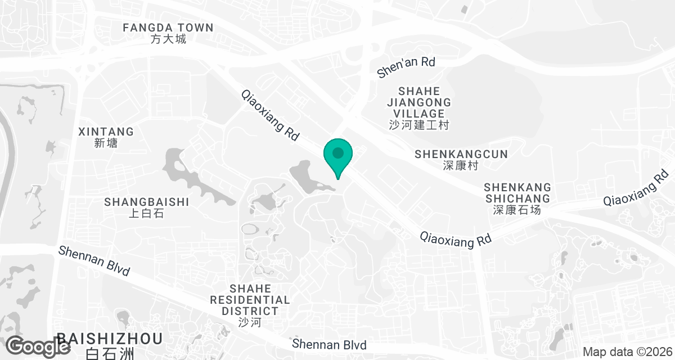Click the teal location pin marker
(337, 155)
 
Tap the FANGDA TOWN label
(168, 28)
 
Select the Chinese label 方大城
(168, 39)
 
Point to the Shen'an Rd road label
(406, 66)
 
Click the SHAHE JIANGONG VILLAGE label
(419, 102)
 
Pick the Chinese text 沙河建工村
(419, 125)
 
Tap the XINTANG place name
(106, 132)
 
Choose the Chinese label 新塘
(106, 143)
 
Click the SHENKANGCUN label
(461, 154)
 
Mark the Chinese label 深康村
(461, 166)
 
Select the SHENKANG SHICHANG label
(517, 192)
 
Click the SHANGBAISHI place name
(146, 202)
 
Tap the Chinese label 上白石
(146, 214)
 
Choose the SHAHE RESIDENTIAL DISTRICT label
(250, 299)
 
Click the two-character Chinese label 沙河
(250, 323)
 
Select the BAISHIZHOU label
(110, 339)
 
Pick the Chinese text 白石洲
(110, 354)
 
